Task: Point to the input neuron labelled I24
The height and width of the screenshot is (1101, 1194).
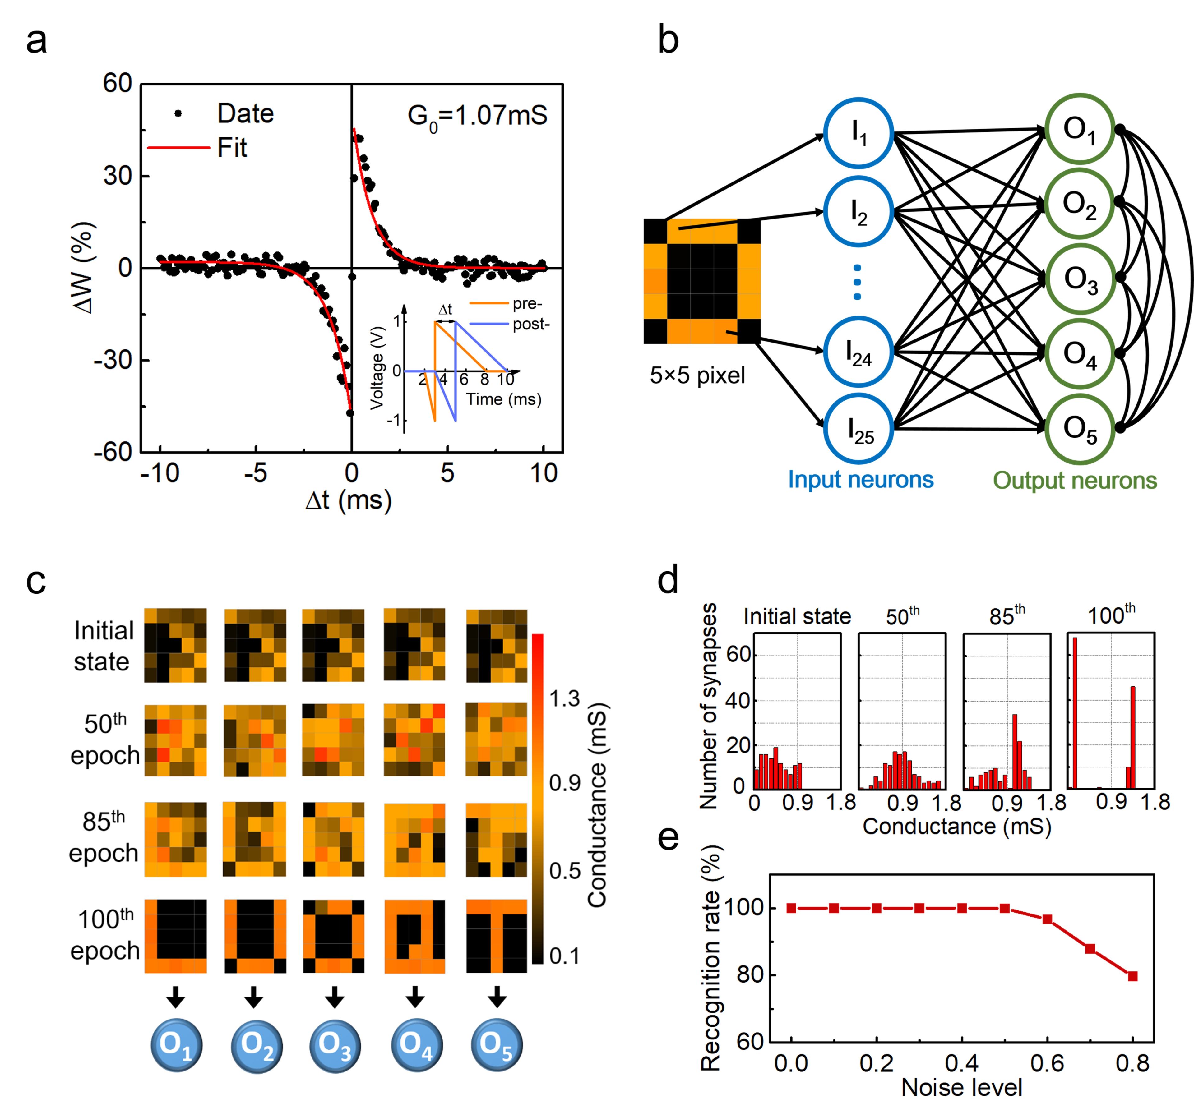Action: [x=858, y=353]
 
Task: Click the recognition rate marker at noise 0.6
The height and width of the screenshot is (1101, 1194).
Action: [x=1047, y=919]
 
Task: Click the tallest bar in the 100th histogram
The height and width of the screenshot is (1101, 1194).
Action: [x=1075, y=712]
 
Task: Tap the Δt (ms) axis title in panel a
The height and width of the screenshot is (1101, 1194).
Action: [x=349, y=500]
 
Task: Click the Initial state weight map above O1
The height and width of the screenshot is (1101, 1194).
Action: [x=175, y=645]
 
